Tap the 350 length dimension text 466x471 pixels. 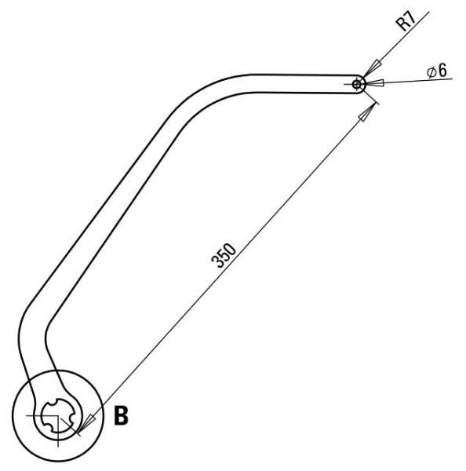(224, 256)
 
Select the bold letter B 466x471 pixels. (121, 416)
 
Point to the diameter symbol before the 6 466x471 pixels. (431, 72)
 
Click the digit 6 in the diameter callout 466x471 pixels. (442, 71)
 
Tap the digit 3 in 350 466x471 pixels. (217, 262)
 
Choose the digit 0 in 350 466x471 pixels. (230, 250)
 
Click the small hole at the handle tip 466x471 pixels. (357, 85)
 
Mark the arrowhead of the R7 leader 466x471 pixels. (372, 69)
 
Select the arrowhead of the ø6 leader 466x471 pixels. (374, 83)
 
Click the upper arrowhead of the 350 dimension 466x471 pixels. (367, 111)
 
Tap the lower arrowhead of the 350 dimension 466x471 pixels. (87, 425)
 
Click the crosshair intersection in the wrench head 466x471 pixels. (57, 416)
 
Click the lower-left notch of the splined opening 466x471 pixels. (47, 424)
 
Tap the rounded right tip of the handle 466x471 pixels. (363, 85)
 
